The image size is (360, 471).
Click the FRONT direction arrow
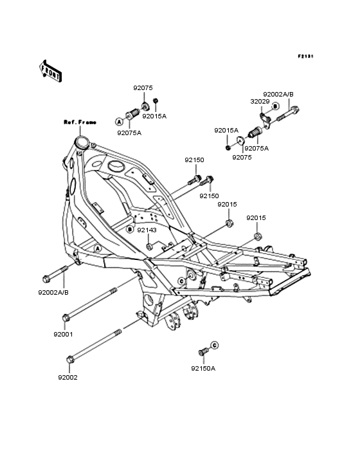click(50, 71)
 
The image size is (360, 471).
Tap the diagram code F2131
click(305, 56)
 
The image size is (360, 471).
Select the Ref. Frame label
click(80, 122)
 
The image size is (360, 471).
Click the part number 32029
click(260, 102)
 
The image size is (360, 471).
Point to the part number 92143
click(147, 230)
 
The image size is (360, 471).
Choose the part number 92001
click(63, 335)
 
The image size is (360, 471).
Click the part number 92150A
click(203, 368)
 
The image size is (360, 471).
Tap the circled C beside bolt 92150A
click(214, 346)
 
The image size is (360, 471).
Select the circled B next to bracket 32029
click(275, 106)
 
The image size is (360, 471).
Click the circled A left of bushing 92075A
click(120, 122)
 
